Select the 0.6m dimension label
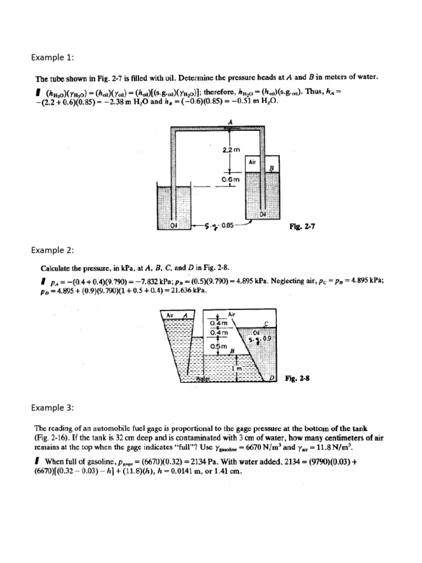click(x=230, y=179)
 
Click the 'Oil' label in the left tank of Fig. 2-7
click(x=174, y=225)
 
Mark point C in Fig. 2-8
click(x=266, y=323)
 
